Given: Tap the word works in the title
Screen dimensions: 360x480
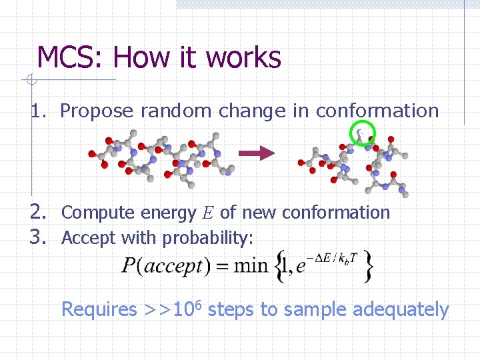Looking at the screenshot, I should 243,58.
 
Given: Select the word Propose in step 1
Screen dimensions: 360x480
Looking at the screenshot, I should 97,111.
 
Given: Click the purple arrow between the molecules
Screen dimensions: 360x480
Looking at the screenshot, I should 257,153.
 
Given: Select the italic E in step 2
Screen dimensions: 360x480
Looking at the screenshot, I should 208,213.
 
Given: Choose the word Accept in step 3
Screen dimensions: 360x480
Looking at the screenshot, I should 85,237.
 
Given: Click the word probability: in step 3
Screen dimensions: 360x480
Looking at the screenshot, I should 208,238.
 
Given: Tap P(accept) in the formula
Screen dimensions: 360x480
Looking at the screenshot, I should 163,266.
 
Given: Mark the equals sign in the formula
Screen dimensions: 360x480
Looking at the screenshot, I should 219,267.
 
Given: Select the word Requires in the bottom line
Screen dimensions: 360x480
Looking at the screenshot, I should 99,310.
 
